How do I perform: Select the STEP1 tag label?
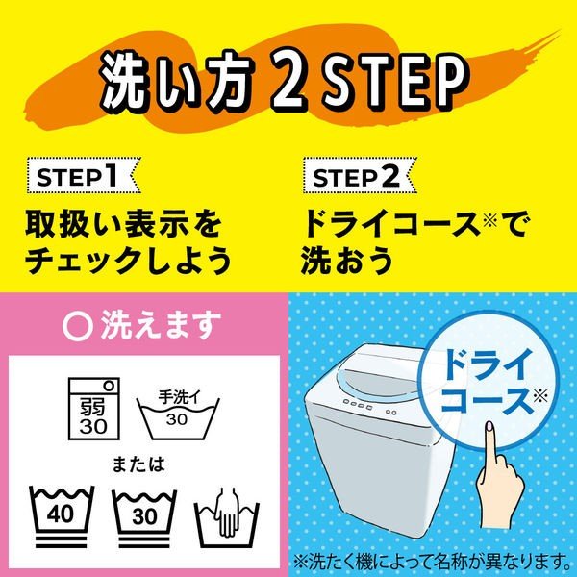pos(81,177)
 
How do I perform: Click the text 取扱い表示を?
pos(124,227)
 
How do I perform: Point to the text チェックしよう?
pos(130,261)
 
